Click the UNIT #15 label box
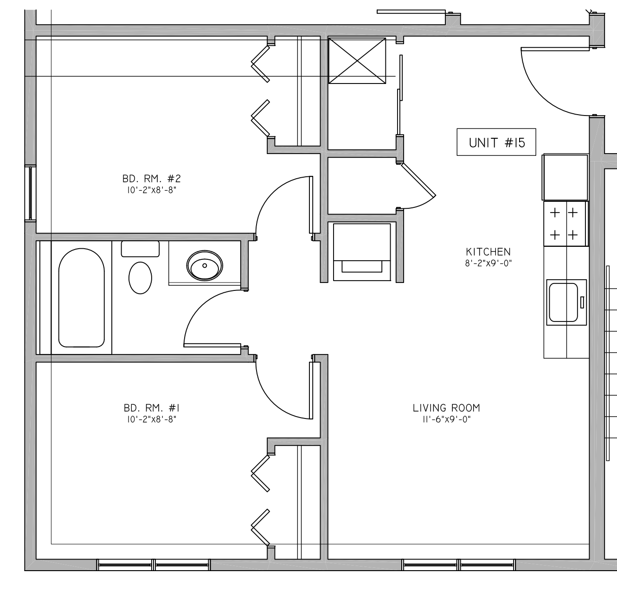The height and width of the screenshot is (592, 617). pyautogui.click(x=496, y=142)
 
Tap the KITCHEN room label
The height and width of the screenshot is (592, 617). pyautogui.click(x=488, y=252)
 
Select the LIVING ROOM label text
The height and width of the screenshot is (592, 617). pyautogui.click(x=446, y=408)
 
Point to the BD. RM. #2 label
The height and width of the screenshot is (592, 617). pyautogui.click(x=152, y=179)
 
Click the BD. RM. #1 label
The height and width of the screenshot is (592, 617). pyautogui.click(x=152, y=408)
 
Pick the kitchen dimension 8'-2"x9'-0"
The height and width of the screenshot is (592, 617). pyautogui.click(x=488, y=263)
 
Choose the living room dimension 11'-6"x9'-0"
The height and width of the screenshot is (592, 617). pyautogui.click(x=446, y=419)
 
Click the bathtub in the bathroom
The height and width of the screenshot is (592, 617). pyautogui.click(x=82, y=298)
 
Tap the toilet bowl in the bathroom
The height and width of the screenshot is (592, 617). pyautogui.click(x=140, y=278)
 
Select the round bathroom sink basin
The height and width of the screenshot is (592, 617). pyautogui.click(x=205, y=265)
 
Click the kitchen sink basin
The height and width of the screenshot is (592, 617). pyautogui.click(x=563, y=302)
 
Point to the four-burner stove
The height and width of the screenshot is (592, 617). pyautogui.click(x=566, y=224)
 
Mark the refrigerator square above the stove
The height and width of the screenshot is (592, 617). pyautogui.click(x=566, y=178)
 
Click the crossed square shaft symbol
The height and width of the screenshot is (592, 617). pyautogui.click(x=357, y=61)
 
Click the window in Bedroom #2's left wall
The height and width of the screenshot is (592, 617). pyautogui.click(x=31, y=193)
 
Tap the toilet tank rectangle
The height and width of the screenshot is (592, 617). pyautogui.click(x=140, y=249)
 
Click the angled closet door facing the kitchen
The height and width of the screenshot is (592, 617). pyautogui.click(x=418, y=180)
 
